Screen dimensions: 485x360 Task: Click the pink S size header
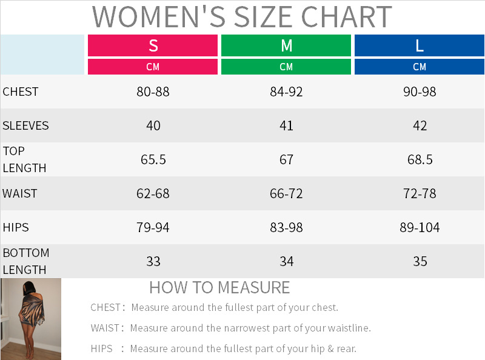(x=153, y=45)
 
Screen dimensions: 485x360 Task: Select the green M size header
(x=286, y=45)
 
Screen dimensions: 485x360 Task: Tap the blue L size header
(x=420, y=45)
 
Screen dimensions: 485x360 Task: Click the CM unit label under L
(x=420, y=67)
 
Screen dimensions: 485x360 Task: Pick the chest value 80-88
(x=153, y=92)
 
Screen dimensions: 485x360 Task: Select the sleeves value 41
(x=286, y=126)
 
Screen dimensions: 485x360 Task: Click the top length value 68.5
(x=420, y=159)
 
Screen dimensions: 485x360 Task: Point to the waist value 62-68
(x=153, y=193)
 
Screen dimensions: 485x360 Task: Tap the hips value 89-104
(x=420, y=228)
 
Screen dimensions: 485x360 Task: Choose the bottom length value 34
(x=286, y=262)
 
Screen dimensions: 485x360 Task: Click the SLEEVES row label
(x=25, y=126)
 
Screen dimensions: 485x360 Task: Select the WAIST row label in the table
(x=19, y=193)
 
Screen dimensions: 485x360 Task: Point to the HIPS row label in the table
(x=16, y=228)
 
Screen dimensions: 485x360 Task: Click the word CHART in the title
(x=346, y=17)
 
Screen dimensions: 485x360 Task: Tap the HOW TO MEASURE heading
(x=219, y=288)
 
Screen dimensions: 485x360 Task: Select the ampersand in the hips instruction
(x=330, y=348)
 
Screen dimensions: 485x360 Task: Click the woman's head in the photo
(x=28, y=288)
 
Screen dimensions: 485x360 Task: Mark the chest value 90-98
(x=420, y=92)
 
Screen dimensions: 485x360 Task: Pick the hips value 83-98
(x=286, y=228)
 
